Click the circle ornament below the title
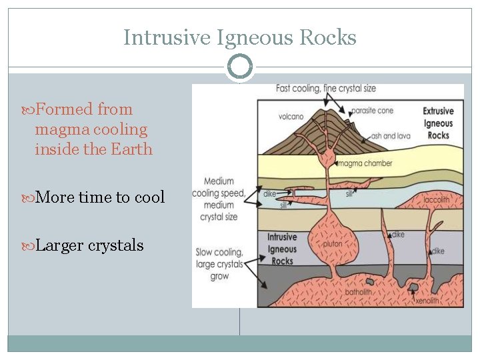tap(240, 67)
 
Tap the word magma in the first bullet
tap(57, 129)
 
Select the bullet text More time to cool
tap(99, 197)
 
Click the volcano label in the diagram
tap(291, 117)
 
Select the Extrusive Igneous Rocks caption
tap(438, 123)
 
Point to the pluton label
tap(332, 244)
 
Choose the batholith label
tap(361, 291)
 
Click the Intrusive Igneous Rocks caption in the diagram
tap(282, 249)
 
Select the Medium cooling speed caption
tap(219, 199)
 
